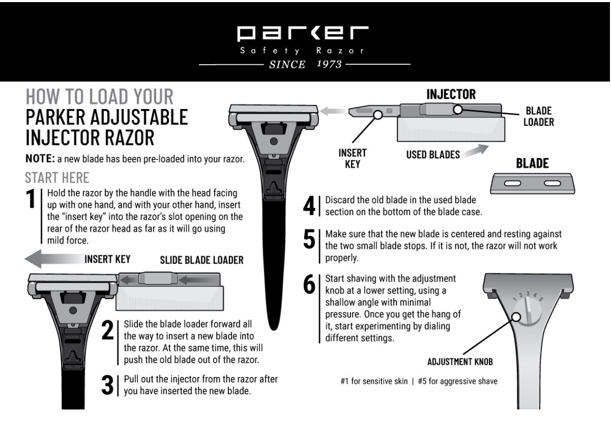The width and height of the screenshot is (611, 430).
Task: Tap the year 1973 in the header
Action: click(x=330, y=65)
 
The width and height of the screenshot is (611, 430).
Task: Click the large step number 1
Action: click(x=33, y=199)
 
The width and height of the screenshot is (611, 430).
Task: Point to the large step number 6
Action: click(x=309, y=284)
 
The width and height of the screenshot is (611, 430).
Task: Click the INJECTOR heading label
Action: click(x=450, y=95)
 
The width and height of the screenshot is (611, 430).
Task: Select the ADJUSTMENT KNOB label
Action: click(x=460, y=362)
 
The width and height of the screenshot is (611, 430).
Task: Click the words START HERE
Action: click(x=57, y=177)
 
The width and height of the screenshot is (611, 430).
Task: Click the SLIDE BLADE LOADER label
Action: click(x=202, y=260)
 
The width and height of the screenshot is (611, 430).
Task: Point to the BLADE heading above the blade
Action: click(x=532, y=164)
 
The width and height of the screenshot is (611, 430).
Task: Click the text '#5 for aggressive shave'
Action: click(x=457, y=382)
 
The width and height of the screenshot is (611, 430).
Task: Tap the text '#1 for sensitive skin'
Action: click(x=374, y=382)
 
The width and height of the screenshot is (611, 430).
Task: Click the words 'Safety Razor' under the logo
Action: click(x=302, y=52)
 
